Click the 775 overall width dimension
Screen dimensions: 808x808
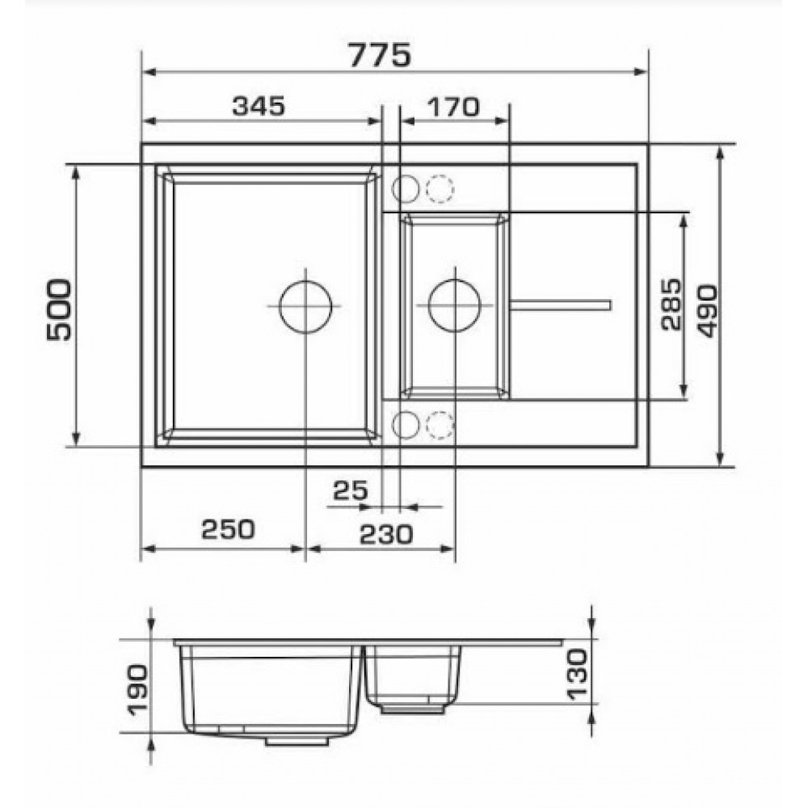pos(381,54)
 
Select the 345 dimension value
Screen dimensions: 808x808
pos(259,106)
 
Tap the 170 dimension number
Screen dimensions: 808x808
pos(453,107)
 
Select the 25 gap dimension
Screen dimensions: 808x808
pos(351,490)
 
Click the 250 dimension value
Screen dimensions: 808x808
pos(228,528)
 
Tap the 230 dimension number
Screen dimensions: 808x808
pos(385,534)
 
